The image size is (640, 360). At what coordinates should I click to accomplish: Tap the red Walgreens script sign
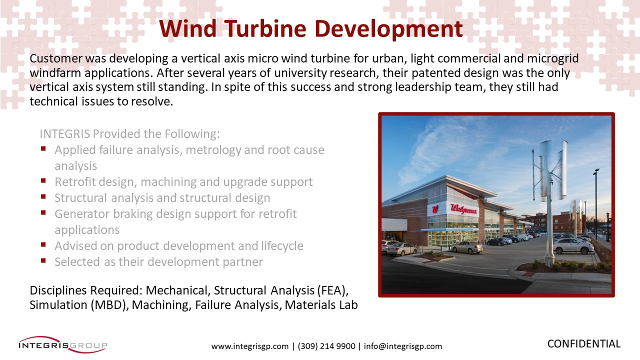(x=463, y=209)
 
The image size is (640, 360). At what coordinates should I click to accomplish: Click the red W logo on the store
(x=434, y=209)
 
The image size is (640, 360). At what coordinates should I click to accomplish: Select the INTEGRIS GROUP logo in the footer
(x=63, y=344)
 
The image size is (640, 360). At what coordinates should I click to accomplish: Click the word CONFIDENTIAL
(x=583, y=343)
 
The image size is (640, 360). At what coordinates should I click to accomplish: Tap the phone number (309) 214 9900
(x=326, y=346)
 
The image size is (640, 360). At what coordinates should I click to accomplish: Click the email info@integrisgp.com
(x=403, y=346)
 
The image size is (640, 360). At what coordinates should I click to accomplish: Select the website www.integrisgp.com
(x=250, y=346)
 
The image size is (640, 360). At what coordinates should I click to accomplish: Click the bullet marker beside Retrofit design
(x=43, y=180)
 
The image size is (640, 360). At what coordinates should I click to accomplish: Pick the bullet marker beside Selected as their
(x=43, y=260)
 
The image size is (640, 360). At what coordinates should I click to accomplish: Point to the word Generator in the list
(x=81, y=213)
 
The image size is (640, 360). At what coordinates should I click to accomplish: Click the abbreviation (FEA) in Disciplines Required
(x=332, y=290)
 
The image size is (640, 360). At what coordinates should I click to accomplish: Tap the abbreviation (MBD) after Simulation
(x=109, y=305)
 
